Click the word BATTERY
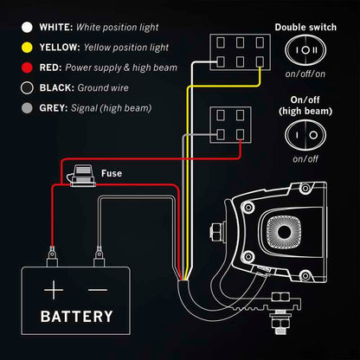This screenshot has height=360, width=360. (76, 316)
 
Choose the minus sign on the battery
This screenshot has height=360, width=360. (98, 288)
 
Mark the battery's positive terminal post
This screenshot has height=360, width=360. (54, 255)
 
